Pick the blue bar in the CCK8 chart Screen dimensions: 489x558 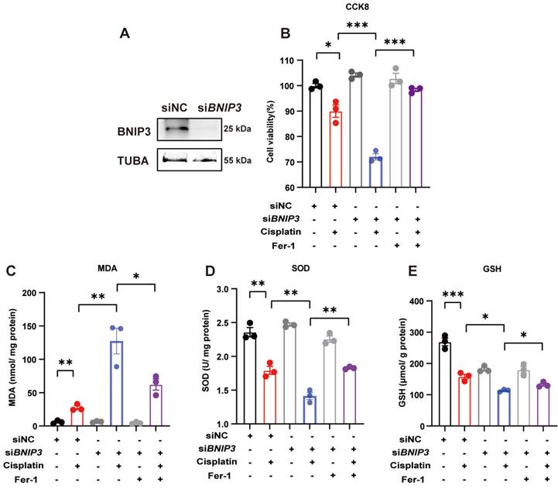(375, 172)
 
